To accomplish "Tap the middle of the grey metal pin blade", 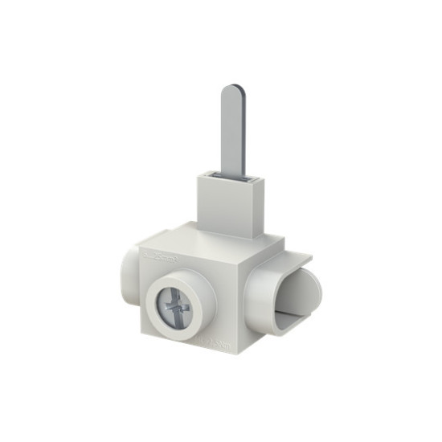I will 232,129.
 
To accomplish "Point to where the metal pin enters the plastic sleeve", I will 232,174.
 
